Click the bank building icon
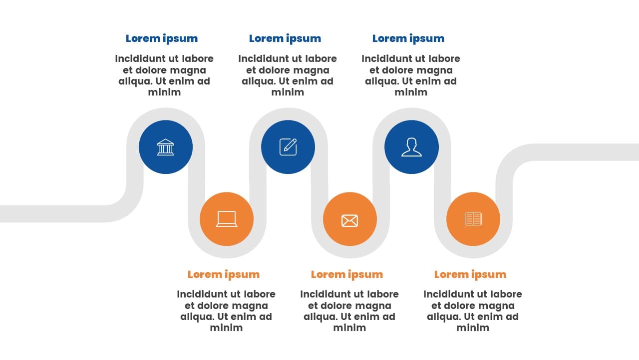click(165, 147)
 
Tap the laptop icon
click(227, 219)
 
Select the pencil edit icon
click(288, 147)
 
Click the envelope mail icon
click(350, 220)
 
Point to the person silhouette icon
click(411, 147)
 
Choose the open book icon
click(473, 219)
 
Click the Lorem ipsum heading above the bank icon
click(162, 38)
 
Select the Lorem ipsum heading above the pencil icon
click(285, 38)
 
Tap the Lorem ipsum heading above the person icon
click(408, 38)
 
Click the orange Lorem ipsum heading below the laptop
click(224, 274)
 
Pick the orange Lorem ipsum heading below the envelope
click(347, 274)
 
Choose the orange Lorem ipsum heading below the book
click(470, 274)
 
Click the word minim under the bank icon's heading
click(164, 92)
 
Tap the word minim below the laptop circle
click(226, 327)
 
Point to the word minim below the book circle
click(473, 327)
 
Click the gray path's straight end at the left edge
click(1, 213)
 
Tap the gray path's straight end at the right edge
click(638, 152)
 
